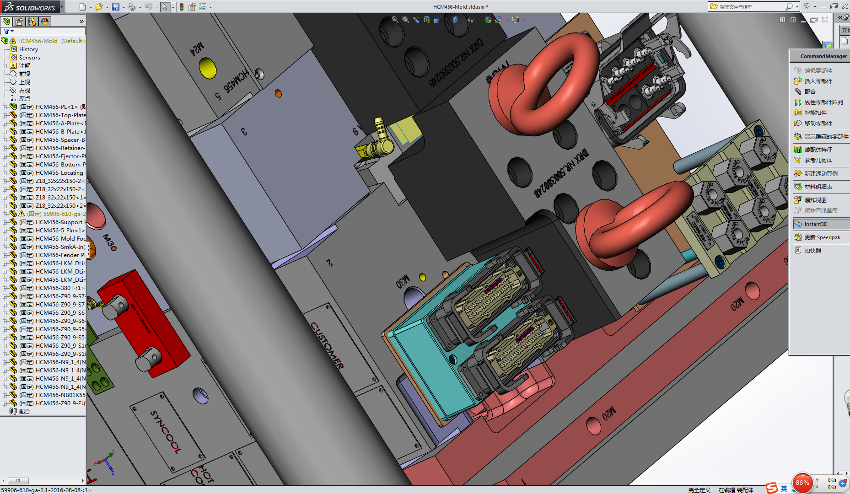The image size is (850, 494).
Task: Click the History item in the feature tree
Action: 28,49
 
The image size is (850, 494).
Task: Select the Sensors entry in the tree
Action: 29,58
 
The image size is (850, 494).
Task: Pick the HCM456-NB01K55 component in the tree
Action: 60,395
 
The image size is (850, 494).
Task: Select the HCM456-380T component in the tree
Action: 59,288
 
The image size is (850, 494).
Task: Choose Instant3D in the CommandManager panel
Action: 816,224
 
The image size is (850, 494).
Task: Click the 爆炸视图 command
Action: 815,200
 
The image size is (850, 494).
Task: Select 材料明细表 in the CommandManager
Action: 818,187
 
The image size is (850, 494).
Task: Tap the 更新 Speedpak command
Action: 822,237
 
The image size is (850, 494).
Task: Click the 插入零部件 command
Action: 818,81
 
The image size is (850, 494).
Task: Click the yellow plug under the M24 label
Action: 208,68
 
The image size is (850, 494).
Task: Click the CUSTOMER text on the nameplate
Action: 327,345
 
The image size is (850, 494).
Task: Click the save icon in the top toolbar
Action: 116,7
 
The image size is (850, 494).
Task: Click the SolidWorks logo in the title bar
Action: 30,7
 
